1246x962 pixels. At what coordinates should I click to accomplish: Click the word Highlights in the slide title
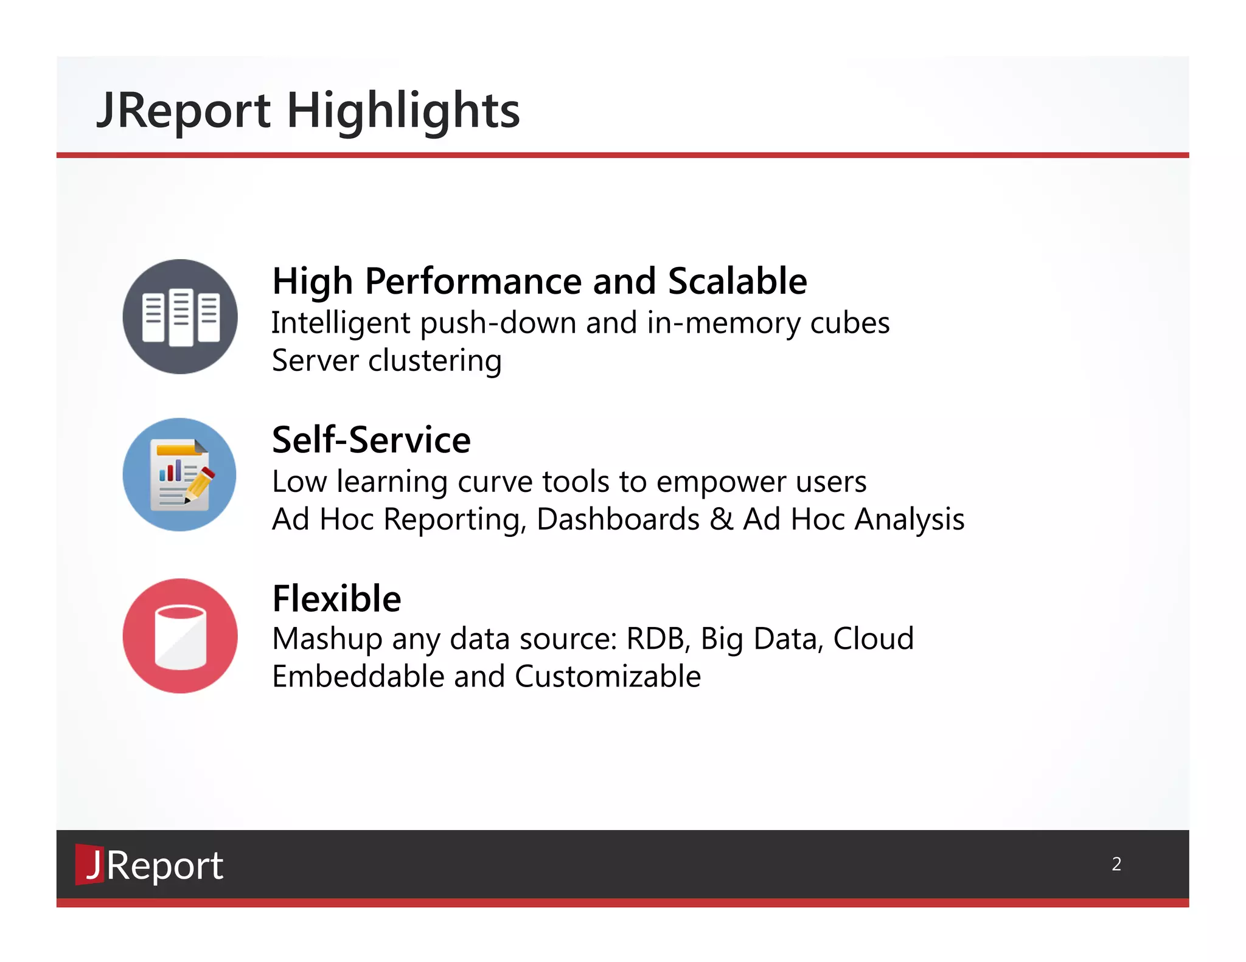(x=403, y=111)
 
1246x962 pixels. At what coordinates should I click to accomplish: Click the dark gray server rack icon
(x=180, y=317)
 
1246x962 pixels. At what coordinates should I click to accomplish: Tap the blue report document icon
(x=179, y=475)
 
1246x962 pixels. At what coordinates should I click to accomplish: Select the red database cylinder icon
(x=180, y=636)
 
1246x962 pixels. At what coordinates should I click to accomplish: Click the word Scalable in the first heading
(x=737, y=282)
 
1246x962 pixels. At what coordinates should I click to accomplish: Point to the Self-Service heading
(x=371, y=440)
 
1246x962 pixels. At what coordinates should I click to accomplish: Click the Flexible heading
(x=336, y=599)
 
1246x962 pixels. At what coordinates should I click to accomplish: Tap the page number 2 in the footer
(x=1116, y=864)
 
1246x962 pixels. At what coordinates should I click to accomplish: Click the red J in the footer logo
(x=91, y=864)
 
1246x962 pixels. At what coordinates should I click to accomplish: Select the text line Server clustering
(x=386, y=361)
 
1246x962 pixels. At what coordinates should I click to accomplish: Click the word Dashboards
(x=618, y=520)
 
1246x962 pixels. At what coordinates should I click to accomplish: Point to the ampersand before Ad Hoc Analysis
(x=722, y=520)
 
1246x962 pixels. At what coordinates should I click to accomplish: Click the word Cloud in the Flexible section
(x=873, y=639)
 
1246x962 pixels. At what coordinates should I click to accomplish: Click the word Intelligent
(x=341, y=323)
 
